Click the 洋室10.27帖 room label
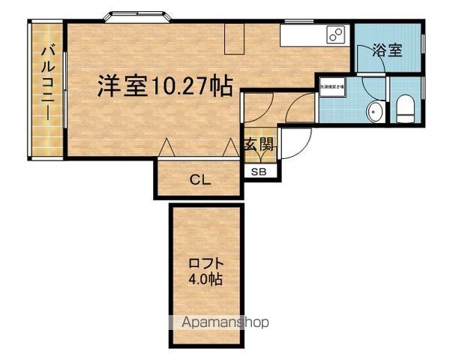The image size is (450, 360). coord(163,85)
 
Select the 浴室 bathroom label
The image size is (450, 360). coord(388,52)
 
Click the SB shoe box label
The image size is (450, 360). coord(259,172)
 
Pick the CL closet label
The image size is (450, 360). coord(199,180)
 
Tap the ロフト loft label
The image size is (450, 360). coord(204,264)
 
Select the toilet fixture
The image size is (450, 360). coord(406,110)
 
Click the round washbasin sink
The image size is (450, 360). coord(376,113)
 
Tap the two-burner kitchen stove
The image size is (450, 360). coord(334,34)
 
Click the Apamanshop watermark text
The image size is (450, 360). coord(225,323)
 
